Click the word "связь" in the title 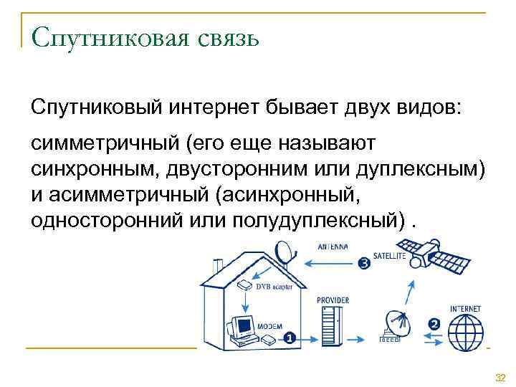[x=221, y=35]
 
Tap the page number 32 [x=500, y=377]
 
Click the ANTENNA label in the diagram [x=333, y=247]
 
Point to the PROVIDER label [x=333, y=300]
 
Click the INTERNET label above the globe [x=465, y=309]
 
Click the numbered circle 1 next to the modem [x=289, y=337]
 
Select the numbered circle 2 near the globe [x=434, y=324]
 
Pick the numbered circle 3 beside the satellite [x=363, y=263]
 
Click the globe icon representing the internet [x=465, y=332]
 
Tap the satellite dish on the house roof [x=285, y=252]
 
